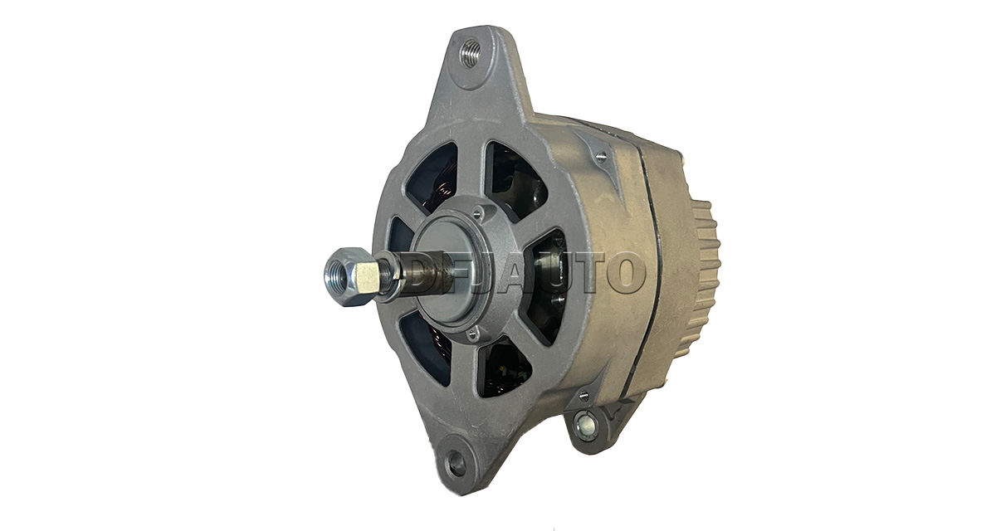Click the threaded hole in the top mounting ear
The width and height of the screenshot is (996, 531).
coord(470,53)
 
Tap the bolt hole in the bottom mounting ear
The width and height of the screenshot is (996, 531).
coord(456,463)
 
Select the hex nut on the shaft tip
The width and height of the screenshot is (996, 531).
coord(350,276)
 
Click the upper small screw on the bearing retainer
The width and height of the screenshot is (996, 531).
coord(477,214)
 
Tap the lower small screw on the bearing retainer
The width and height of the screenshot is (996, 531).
coord(472,332)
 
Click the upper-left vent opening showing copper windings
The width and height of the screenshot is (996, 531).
coord(432,178)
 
